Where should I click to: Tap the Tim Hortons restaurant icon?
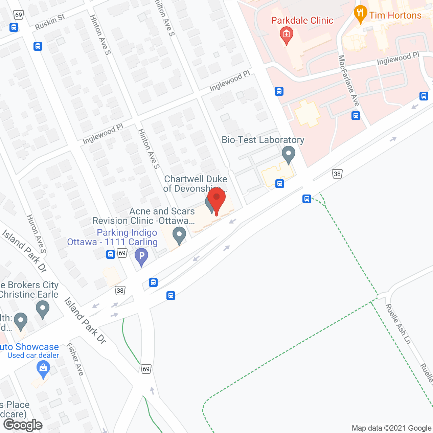coord(360,14)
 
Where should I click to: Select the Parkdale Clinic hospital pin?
coord(287,35)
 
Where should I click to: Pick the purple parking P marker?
coord(141,256)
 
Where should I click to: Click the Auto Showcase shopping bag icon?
coord(43,368)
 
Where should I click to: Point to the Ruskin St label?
coord(50,22)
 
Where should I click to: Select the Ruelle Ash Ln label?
coord(398,324)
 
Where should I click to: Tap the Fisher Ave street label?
coord(75,359)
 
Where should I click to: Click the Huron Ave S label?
coord(37,233)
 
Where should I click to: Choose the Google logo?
coord(23,425)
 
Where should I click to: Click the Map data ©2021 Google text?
coord(391,428)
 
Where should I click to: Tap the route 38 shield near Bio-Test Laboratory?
coord(337,174)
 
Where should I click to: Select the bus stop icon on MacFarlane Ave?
coord(356,116)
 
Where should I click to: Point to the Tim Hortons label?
coord(395,16)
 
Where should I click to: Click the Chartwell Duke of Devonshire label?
coord(195,184)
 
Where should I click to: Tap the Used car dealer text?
coord(33,356)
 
